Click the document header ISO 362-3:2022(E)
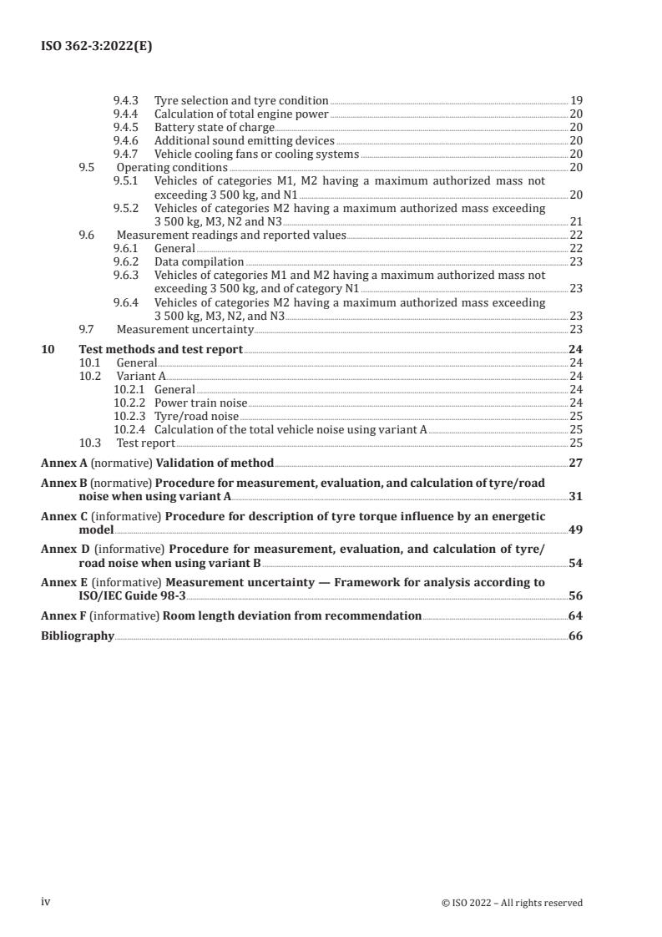click(96, 47)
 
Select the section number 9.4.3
click(126, 101)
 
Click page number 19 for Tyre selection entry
click(576, 101)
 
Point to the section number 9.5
click(86, 168)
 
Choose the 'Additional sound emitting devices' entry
click(245, 141)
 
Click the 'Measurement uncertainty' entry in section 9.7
click(184, 329)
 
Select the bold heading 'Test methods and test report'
click(160, 350)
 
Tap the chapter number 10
click(48, 350)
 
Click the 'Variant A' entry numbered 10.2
click(140, 377)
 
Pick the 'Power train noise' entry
click(200, 403)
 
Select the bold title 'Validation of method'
click(215, 463)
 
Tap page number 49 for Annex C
click(575, 529)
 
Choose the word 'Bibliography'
click(78, 636)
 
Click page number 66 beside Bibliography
click(575, 636)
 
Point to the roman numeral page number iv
click(46, 901)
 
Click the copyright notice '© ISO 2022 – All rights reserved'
click(512, 902)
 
